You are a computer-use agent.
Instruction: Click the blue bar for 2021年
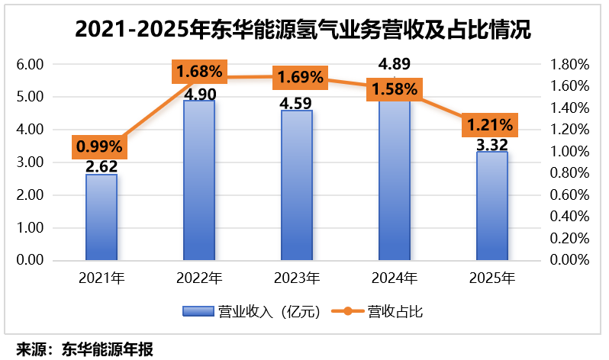(101, 217)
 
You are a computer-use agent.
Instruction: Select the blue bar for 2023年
(297, 185)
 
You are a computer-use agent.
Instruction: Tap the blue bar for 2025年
(492, 206)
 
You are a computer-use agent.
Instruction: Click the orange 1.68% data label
(199, 72)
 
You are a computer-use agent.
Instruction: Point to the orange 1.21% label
(490, 125)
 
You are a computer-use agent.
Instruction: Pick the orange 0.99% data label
(99, 146)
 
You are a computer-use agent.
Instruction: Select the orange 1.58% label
(395, 89)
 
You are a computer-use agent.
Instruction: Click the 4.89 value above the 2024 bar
(395, 64)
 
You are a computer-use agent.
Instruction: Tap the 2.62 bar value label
(101, 166)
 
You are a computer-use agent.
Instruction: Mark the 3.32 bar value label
(492, 145)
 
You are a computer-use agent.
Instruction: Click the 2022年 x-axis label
(199, 278)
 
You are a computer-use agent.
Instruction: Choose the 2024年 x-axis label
(395, 278)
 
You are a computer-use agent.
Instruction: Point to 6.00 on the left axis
(30, 65)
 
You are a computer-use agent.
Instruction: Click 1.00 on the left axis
(30, 227)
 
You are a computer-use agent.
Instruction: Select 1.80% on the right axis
(570, 65)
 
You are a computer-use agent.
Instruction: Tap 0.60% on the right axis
(570, 195)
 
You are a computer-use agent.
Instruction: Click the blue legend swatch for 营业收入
(198, 311)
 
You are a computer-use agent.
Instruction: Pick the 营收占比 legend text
(395, 311)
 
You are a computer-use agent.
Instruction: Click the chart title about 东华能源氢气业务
(303, 30)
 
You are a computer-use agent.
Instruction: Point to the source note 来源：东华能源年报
(85, 349)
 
